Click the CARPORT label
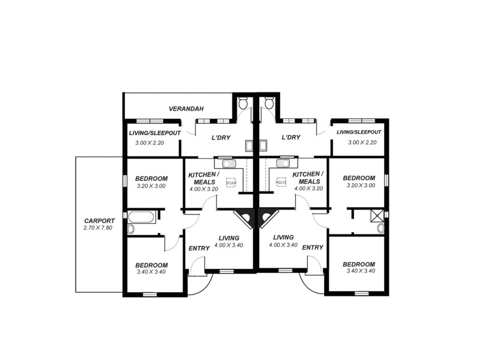(x=99, y=220)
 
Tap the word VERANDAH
(x=186, y=109)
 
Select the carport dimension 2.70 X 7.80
(x=99, y=228)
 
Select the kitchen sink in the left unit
(x=229, y=163)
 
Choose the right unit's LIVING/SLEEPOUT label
(x=359, y=132)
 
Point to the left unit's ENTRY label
(x=199, y=248)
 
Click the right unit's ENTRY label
(x=313, y=247)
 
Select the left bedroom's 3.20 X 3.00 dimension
(x=150, y=186)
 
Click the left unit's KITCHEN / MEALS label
(x=203, y=178)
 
